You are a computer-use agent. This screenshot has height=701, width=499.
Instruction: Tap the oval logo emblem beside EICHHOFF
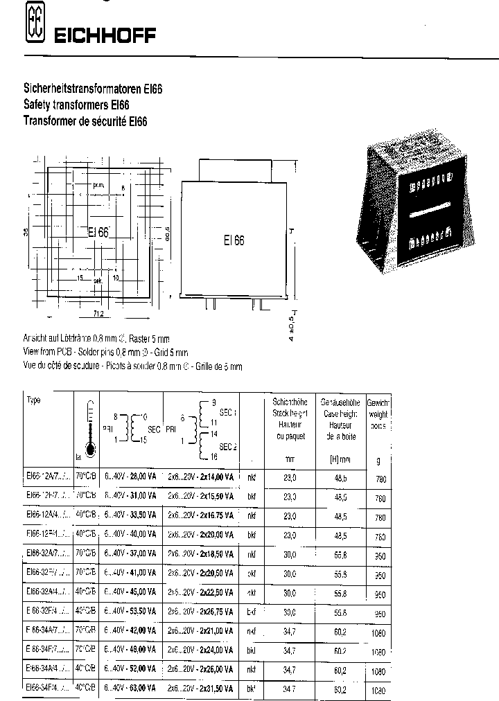pos(32,24)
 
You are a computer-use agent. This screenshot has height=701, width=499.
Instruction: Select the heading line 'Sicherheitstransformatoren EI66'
pos(93,90)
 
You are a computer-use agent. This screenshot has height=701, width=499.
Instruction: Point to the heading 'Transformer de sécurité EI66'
pos(86,121)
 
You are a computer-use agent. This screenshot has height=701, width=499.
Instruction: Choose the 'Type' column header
pos(34,400)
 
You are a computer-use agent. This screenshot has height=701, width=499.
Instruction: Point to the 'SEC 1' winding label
pos(228,412)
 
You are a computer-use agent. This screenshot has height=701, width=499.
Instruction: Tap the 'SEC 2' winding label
pos(228,446)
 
